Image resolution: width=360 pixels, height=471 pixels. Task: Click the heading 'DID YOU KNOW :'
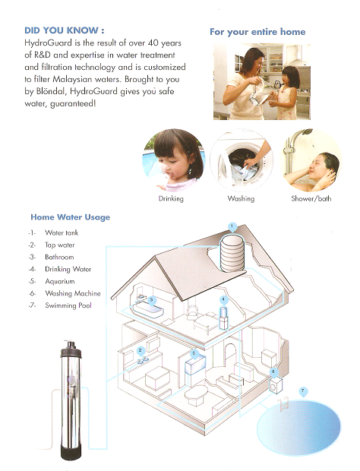coord(65,30)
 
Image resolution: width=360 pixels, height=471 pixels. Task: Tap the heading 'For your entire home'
coord(257,32)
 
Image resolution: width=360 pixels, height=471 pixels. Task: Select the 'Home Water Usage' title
coord(71,217)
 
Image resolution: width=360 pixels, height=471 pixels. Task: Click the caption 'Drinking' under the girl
coord(171,198)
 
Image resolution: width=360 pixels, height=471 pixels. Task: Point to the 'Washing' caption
coord(241,198)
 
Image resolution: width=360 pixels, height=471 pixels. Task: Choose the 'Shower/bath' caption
coord(311,198)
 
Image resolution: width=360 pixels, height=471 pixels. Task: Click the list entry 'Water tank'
coord(62,232)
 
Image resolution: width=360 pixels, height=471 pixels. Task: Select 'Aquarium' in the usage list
coord(60,281)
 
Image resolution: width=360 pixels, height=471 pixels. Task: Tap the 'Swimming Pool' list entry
coord(68,305)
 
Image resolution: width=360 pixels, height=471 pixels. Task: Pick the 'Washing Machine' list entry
coord(73,293)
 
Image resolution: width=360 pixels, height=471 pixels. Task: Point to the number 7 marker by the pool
coord(302,391)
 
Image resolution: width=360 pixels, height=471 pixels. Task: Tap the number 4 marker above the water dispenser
coord(223,300)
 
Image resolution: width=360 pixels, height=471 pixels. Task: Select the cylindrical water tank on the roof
coord(232,254)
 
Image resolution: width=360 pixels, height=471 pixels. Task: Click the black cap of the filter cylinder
coord(71,349)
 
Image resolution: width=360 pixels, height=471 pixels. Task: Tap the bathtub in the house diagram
coord(148,310)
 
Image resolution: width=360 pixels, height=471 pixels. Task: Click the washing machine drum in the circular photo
coord(243,163)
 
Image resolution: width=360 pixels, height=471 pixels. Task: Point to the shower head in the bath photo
coord(307,132)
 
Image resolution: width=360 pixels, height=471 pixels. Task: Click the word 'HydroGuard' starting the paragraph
coord(48,43)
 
